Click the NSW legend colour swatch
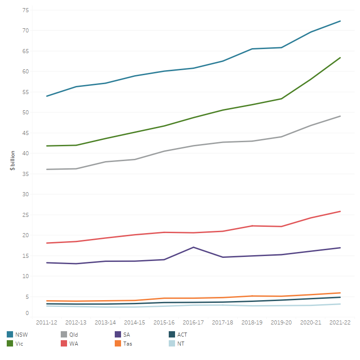tap(10, 334)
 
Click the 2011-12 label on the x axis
tap(46, 323)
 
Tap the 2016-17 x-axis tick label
tap(193, 323)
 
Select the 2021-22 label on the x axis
tap(340, 323)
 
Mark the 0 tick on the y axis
tap(27, 313)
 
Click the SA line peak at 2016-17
tap(193, 247)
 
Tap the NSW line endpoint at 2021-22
tap(340, 21)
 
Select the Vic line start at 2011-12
tap(47, 146)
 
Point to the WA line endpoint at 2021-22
tap(340, 211)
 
